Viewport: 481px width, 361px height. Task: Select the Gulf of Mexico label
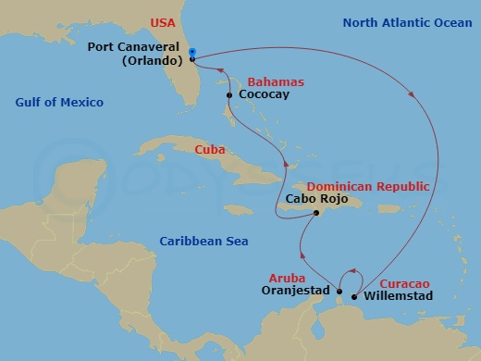click(58, 102)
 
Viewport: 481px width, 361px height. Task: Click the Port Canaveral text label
click(138, 46)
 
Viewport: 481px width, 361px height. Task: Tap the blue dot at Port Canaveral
click(191, 52)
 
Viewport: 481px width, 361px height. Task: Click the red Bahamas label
click(256, 82)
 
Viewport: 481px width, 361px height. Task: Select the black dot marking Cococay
click(228, 94)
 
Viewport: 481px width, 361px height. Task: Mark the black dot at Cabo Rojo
click(316, 213)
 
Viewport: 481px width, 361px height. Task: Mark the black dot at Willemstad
click(355, 297)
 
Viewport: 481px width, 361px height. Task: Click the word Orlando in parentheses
click(151, 62)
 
